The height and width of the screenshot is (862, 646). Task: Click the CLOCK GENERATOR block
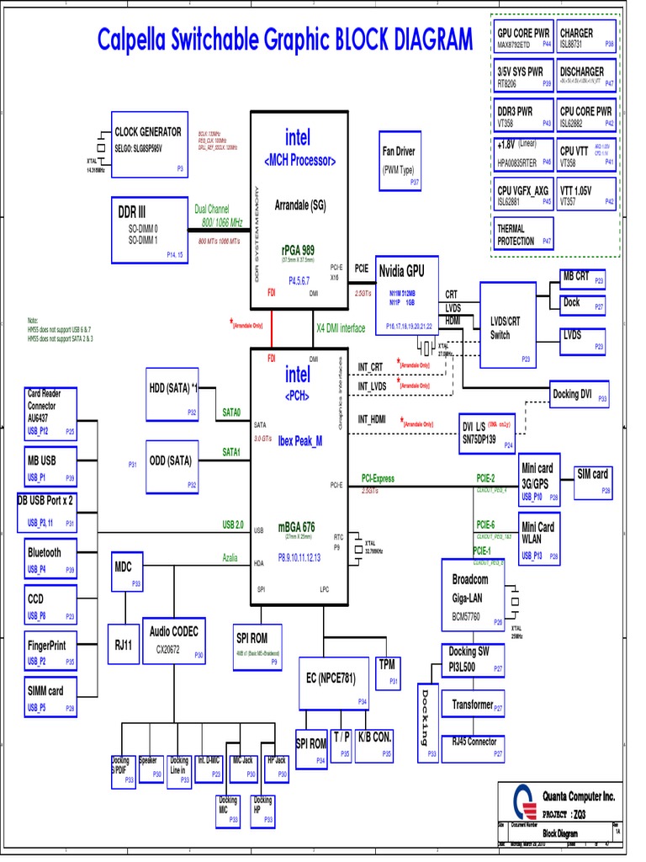tap(149, 144)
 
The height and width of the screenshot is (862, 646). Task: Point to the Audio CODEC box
tap(175, 639)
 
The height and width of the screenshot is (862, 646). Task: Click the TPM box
tap(387, 671)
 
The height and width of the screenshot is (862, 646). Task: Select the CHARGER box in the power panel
tap(586, 37)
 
